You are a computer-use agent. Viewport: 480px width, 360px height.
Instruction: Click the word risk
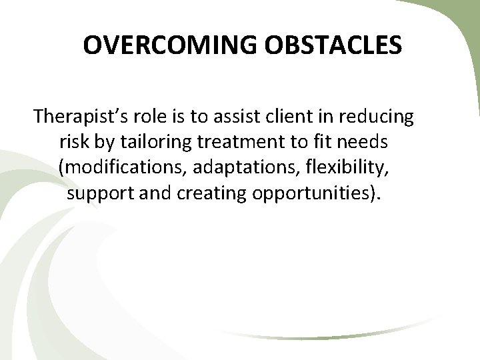(x=73, y=142)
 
